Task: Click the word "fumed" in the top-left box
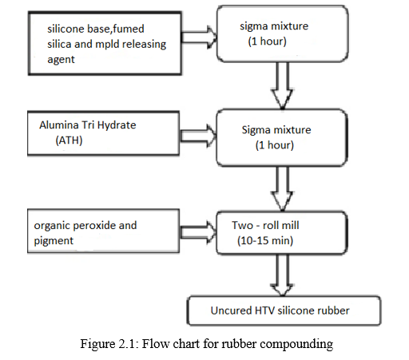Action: point(129,29)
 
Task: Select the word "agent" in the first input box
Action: point(61,60)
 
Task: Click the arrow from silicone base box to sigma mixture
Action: point(199,37)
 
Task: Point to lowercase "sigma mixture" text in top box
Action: point(274,26)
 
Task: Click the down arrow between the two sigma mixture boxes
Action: point(282,85)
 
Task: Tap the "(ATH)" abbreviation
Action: point(69,140)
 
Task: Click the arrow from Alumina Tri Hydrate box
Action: point(199,136)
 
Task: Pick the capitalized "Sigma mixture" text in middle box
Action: point(276,130)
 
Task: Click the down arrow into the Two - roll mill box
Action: point(282,188)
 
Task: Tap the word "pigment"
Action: point(54,241)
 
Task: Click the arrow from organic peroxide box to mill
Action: point(199,233)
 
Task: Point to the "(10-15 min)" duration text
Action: point(265,240)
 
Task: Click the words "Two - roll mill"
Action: point(265,225)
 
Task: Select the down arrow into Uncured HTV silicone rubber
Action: point(282,275)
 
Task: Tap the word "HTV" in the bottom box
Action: point(264,311)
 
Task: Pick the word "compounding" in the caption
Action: point(296,344)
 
